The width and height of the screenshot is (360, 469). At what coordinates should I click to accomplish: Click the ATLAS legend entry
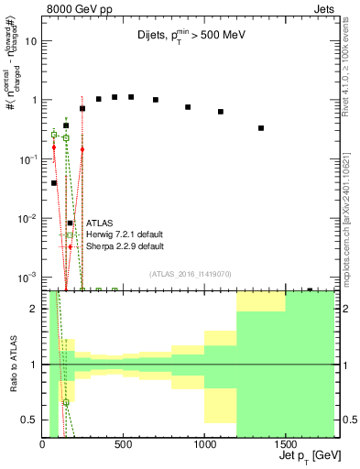(99, 223)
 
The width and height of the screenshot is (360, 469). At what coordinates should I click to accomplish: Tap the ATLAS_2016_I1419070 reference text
(189, 273)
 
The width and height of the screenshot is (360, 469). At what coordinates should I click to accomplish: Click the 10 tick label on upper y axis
(31, 41)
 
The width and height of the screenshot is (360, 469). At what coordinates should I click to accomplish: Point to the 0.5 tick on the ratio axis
(29, 420)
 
